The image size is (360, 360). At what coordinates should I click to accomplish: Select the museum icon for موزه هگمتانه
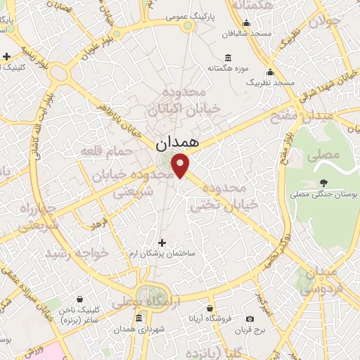tap(228, 58)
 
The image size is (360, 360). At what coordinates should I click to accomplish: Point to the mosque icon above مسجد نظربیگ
tap(270, 71)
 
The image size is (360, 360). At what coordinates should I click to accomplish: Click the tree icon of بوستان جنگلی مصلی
tap(333, 182)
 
